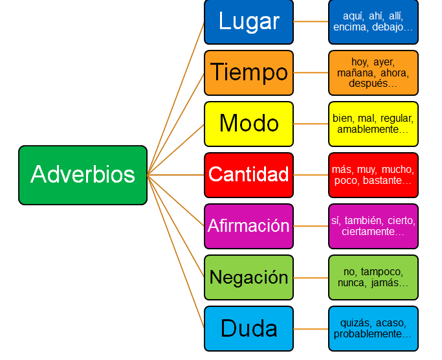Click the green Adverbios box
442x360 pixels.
(83, 175)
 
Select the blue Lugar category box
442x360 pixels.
(249, 22)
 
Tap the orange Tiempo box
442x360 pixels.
(249, 73)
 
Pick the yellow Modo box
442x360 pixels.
(249, 124)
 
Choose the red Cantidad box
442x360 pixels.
(249, 175)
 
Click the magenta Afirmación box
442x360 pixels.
(249, 226)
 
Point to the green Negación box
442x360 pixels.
(249, 277)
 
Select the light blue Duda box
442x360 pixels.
(249, 329)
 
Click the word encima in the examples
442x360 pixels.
(350, 27)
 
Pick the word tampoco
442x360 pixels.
(382, 272)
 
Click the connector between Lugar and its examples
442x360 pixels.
(311, 21)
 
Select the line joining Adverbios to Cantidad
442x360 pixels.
(175, 175)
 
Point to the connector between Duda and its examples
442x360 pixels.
(311, 329)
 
